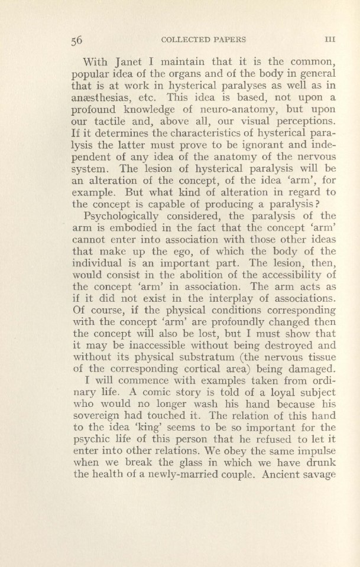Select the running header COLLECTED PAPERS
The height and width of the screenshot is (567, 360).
click(x=203, y=40)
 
